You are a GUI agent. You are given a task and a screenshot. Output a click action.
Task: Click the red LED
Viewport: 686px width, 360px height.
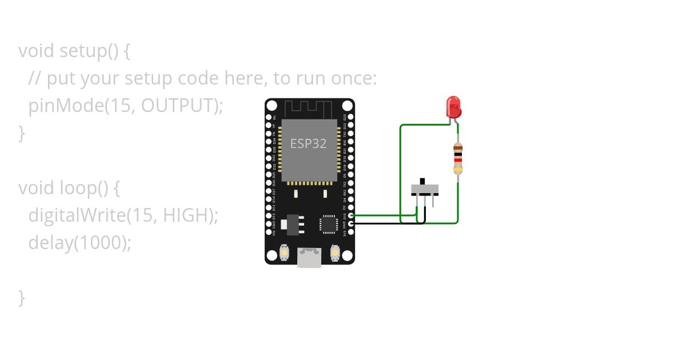pos(453,106)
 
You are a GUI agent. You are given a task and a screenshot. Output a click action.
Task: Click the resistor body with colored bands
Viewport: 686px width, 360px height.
pos(458,158)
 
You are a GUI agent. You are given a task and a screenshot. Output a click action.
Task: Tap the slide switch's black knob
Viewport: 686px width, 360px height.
pos(423,181)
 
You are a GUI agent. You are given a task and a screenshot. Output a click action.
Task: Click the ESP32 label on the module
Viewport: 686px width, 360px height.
pos(308,143)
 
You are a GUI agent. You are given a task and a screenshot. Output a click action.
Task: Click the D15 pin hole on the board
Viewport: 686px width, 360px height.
pos(351,215)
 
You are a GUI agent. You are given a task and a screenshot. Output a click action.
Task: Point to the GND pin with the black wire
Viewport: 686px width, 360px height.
pos(351,223)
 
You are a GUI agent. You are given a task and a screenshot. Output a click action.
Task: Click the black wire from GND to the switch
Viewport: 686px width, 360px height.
pos(389,223)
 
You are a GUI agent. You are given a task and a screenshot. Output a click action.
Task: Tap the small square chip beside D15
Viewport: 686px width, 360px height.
pos(329,223)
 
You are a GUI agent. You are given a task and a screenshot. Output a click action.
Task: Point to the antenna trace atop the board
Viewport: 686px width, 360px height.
pos(309,107)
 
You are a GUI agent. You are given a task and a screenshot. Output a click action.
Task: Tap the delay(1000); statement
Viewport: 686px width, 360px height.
pos(79,243)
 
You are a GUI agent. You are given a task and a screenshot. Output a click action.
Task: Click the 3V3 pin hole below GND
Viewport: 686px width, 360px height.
pos(351,232)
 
